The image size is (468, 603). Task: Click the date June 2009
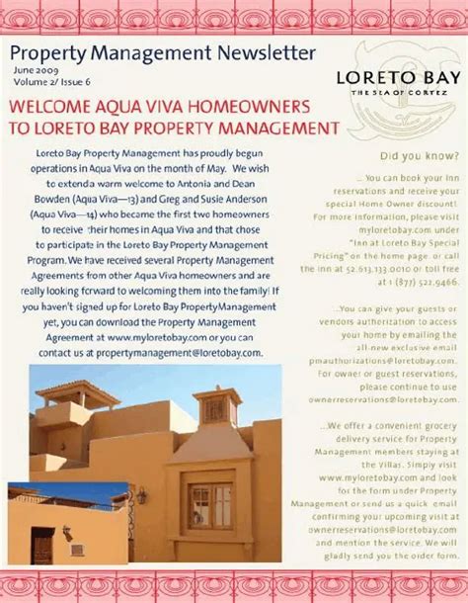pyautogui.click(x=35, y=71)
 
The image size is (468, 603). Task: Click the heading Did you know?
pyautogui.click(x=418, y=155)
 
